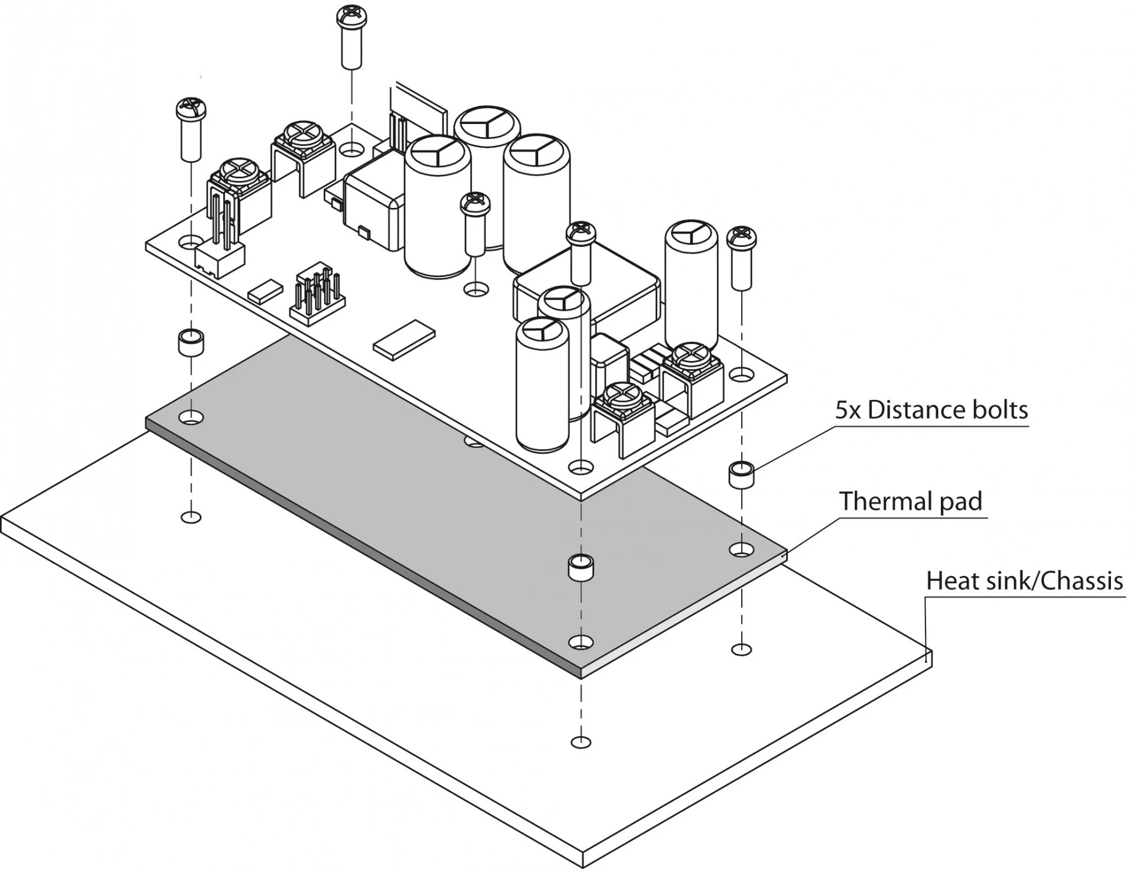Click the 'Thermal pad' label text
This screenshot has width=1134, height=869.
click(x=910, y=501)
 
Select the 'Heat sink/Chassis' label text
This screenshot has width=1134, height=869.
click(x=1024, y=581)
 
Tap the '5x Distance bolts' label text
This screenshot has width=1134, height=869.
click(x=931, y=409)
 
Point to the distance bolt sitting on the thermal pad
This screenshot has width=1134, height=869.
click(x=581, y=567)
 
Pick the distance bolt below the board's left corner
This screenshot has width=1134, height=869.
click(x=191, y=343)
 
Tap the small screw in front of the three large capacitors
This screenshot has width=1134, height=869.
click(x=475, y=224)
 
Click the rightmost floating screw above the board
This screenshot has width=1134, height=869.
click(x=742, y=258)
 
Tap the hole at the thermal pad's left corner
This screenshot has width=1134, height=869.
click(x=191, y=418)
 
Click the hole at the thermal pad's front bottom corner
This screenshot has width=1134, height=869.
click(x=581, y=642)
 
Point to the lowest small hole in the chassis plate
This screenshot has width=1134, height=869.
click(x=581, y=742)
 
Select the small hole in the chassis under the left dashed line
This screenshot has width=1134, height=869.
click(x=191, y=518)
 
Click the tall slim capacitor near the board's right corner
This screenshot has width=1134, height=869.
click(x=691, y=284)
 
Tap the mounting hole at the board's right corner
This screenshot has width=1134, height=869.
click(x=741, y=375)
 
